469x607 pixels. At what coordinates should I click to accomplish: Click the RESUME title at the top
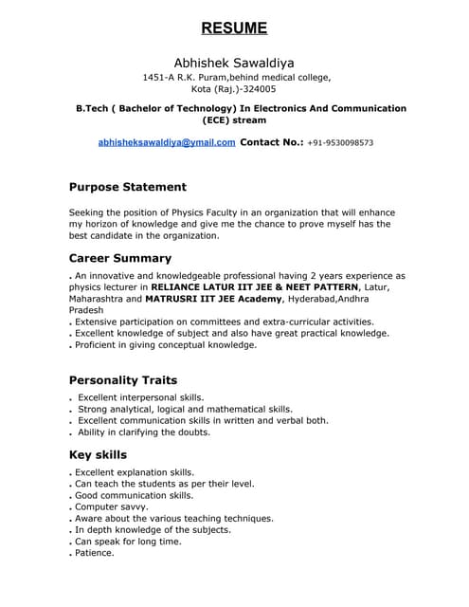click(x=234, y=28)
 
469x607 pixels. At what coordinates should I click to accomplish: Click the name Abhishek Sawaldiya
click(x=234, y=63)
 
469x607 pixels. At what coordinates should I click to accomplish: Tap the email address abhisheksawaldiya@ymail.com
click(x=167, y=142)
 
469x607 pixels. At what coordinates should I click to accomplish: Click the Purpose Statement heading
click(x=128, y=187)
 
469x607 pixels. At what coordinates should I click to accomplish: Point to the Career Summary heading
click(x=120, y=258)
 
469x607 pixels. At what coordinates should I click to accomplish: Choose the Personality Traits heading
click(x=123, y=380)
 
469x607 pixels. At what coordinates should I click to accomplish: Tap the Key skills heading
click(x=98, y=454)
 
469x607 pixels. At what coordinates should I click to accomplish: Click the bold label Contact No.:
click(x=272, y=142)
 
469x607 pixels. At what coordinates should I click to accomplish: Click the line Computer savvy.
click(x=111, y=507)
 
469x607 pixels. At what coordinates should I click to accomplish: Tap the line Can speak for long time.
click(x=128, y=542)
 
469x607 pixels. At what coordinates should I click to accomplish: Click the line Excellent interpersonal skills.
click(x=141, y=397)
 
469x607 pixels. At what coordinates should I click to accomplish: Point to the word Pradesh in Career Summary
click(x=87, y=310)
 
